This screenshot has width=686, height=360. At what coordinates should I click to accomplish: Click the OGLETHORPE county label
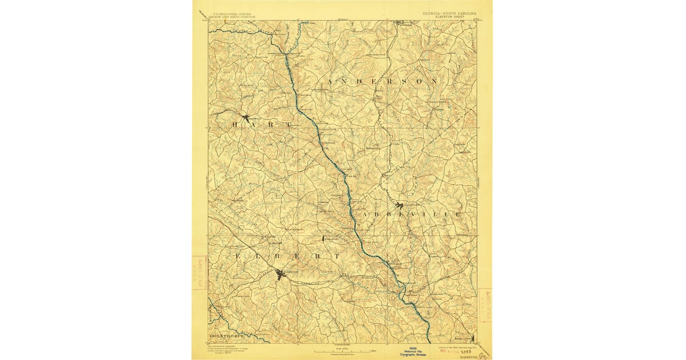(228, 336)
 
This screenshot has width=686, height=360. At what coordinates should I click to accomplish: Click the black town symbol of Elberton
(280, 275)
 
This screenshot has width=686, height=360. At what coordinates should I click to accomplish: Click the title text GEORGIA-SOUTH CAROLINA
(449, 13)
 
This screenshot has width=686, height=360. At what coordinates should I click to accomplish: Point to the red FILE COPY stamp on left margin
(198, 273)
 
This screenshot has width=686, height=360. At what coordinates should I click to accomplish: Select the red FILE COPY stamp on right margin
(485, 305)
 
